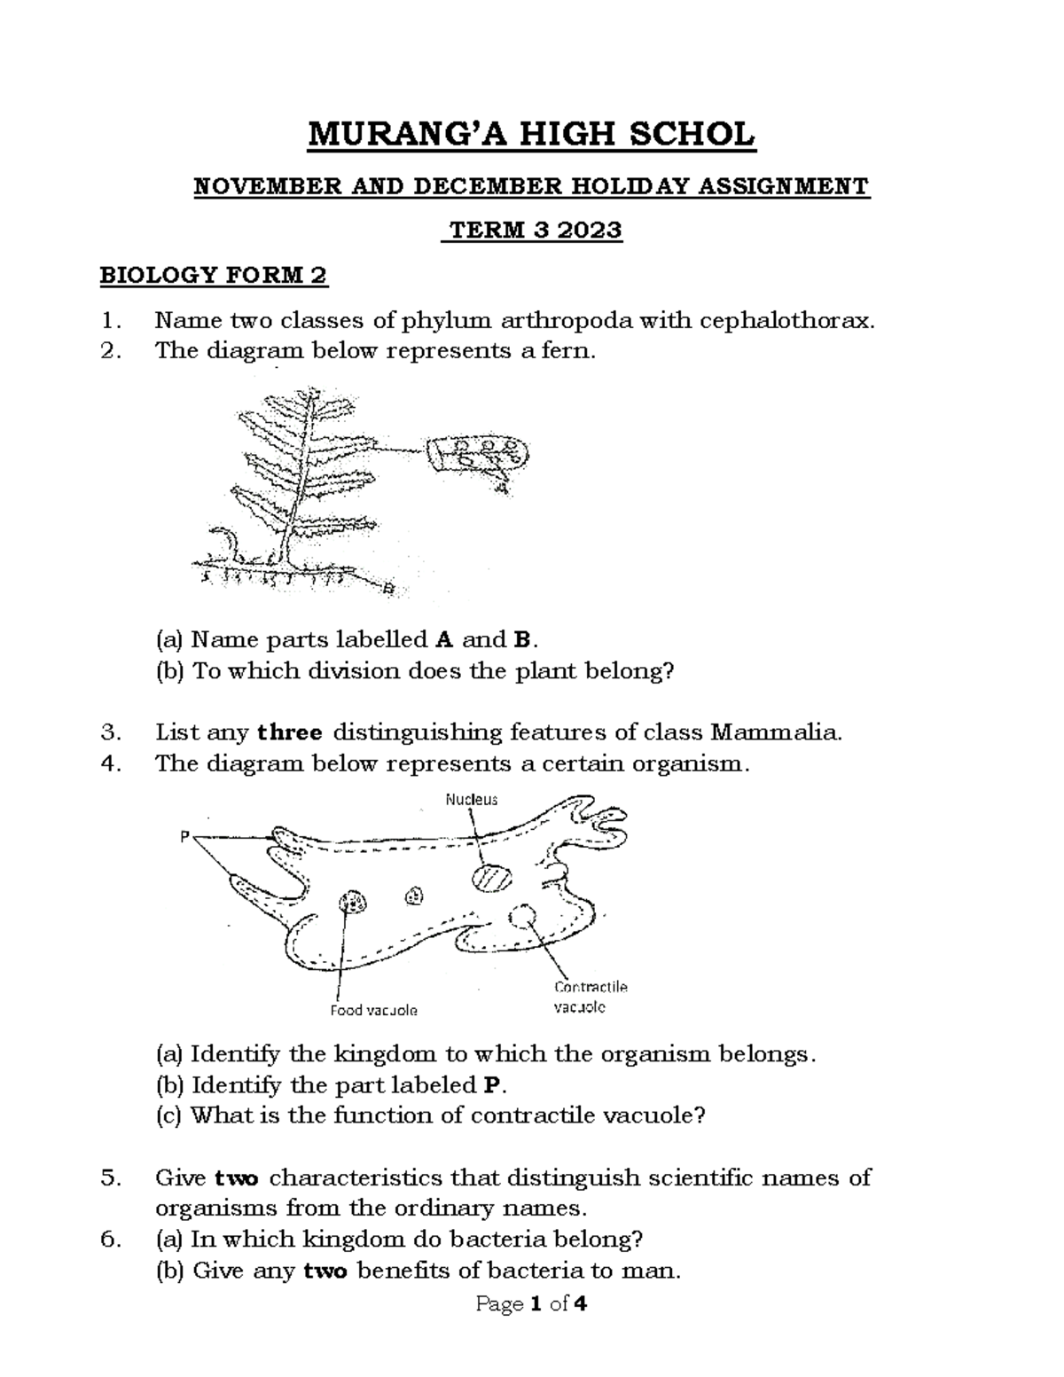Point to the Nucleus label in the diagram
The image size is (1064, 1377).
click(471, 800)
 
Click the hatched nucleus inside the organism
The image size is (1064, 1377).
click(491, 879)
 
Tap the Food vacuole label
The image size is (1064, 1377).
click(373, 1010)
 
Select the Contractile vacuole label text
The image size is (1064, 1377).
click(591, 997)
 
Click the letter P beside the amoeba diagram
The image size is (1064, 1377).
click(184, 835)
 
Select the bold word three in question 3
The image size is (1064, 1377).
click(290, 732)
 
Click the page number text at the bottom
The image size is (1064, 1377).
click(531, 1304)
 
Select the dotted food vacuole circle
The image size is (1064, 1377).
click(354, 903)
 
